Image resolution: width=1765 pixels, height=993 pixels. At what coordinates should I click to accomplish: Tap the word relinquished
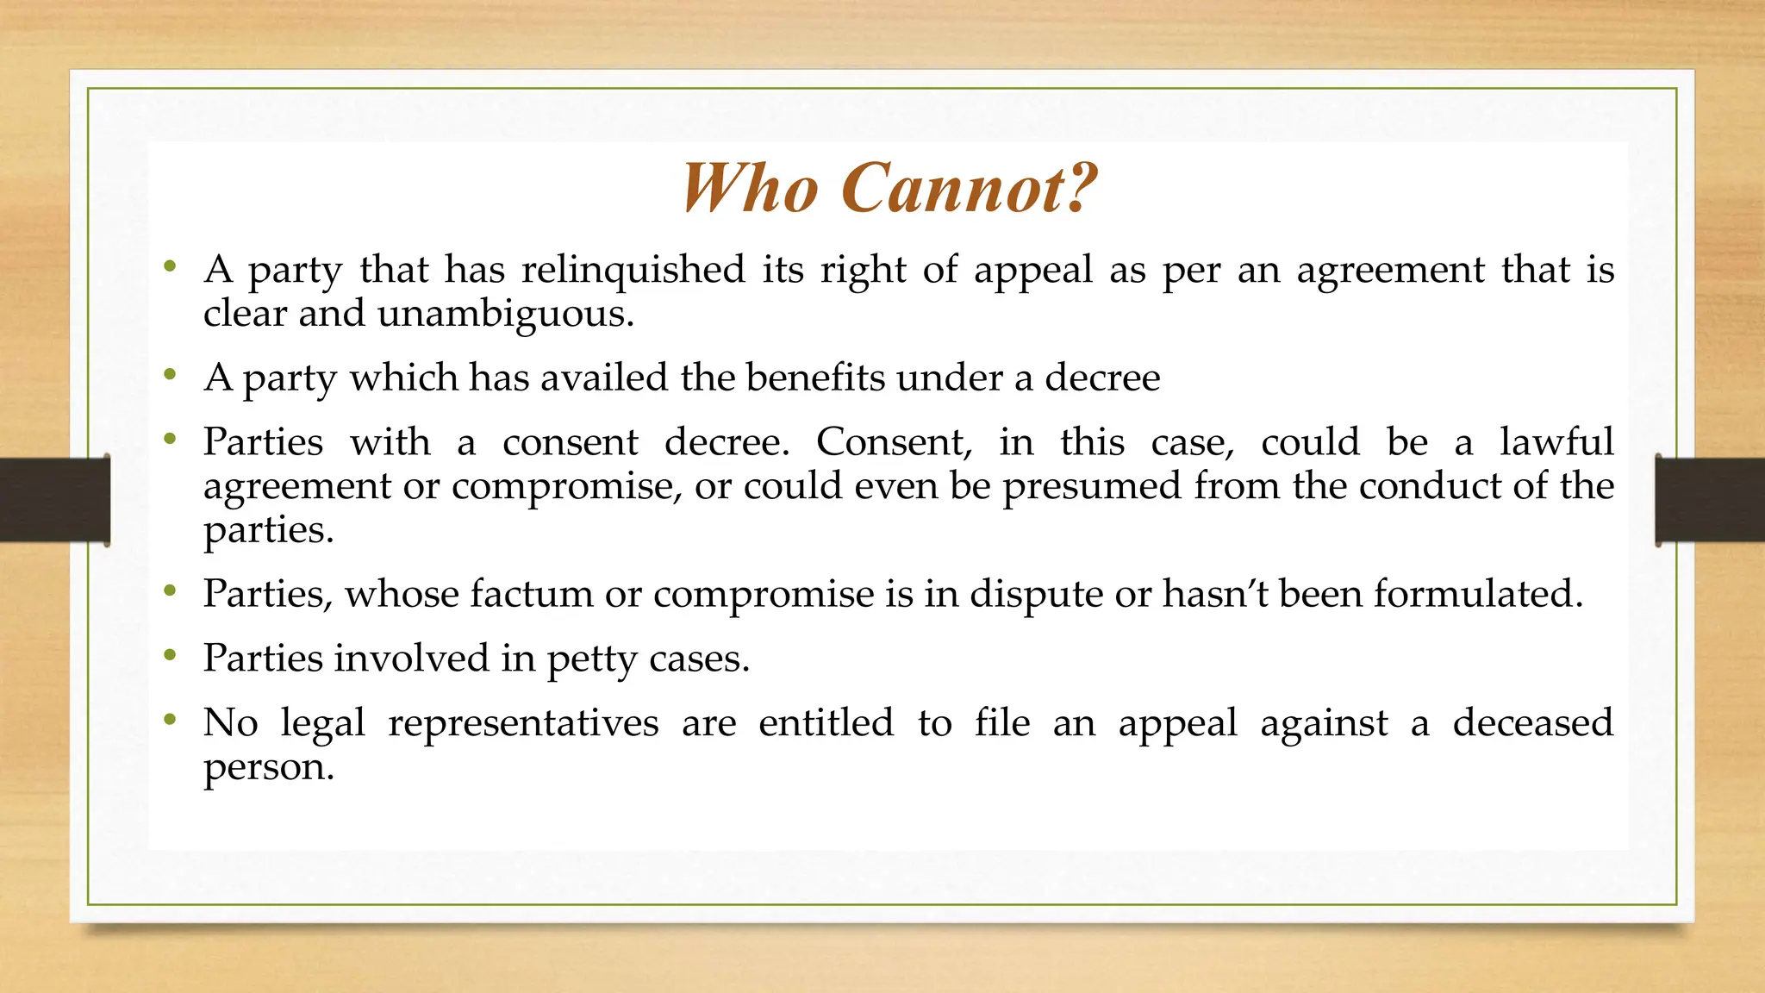[x=633, y=269]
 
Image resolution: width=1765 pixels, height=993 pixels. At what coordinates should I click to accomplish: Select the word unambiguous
[x=505, y=314]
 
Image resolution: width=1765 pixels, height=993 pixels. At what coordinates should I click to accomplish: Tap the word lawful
[x=1556, y=442]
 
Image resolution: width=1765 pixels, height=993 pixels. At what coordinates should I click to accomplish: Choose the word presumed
[x=1092, y=487]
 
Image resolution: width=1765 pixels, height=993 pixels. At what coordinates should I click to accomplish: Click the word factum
[x=531, y=594]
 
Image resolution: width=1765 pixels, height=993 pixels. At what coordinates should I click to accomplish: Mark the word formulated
[x=1478, y=594]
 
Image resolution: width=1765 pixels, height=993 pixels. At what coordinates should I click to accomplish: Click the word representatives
[x=523, y=723]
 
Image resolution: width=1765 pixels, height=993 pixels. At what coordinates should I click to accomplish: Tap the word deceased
[x=1532, y=722]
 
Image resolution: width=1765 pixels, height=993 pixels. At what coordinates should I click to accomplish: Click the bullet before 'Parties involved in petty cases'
[x=171, y=655]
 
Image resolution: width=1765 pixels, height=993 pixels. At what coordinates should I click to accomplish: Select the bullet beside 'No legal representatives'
[x=171, y=719]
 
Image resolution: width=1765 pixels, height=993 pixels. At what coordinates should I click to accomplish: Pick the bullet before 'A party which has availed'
[x=171, y=375]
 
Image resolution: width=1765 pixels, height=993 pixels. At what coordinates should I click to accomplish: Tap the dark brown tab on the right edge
[x=1710, y=500]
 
